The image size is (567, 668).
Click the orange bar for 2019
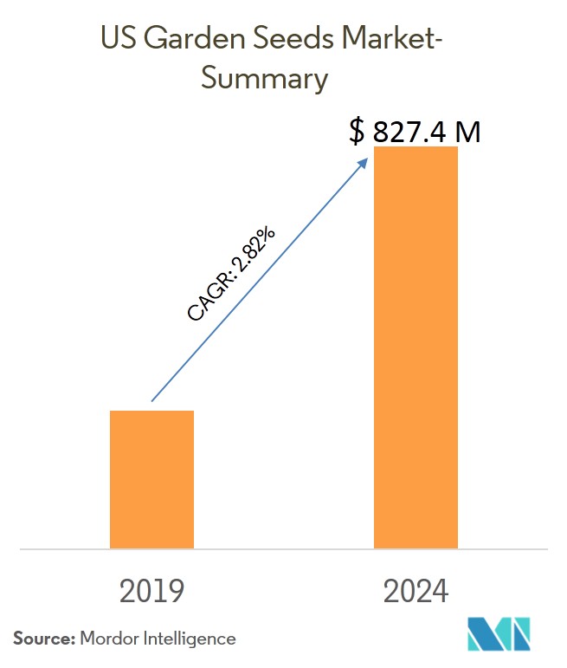(x=151, y=478)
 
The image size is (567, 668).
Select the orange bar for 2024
(x=416, y=347)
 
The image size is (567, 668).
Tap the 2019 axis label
(x=151, y=591)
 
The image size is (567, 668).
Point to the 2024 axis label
(x=416, y=591)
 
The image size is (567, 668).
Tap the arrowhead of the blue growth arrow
(x=366, y=162)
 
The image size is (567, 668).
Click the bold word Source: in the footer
(x=43, y=639)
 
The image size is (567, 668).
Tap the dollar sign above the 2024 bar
(x=357, y=131)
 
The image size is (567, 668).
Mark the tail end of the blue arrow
(x=152, y=400)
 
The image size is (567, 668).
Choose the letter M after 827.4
(x=466, y=131)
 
